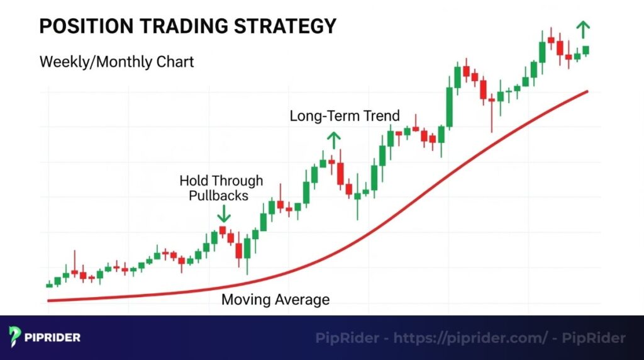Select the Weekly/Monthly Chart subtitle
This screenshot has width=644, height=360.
coord(116,62)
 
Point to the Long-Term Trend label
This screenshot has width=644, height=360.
coord(345,116)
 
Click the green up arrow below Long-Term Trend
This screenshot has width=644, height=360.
coord(333,140)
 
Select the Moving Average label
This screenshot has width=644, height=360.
coord(275,300)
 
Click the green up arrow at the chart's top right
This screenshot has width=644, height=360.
coord(584,28)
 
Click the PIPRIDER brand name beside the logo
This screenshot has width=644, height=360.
coord(53,338)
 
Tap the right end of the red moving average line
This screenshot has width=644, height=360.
coord(587,92)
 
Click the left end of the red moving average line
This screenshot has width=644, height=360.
coord(49,300)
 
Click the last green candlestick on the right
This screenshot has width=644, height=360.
coord(586,50)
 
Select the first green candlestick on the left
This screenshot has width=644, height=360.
coord(50,285)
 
